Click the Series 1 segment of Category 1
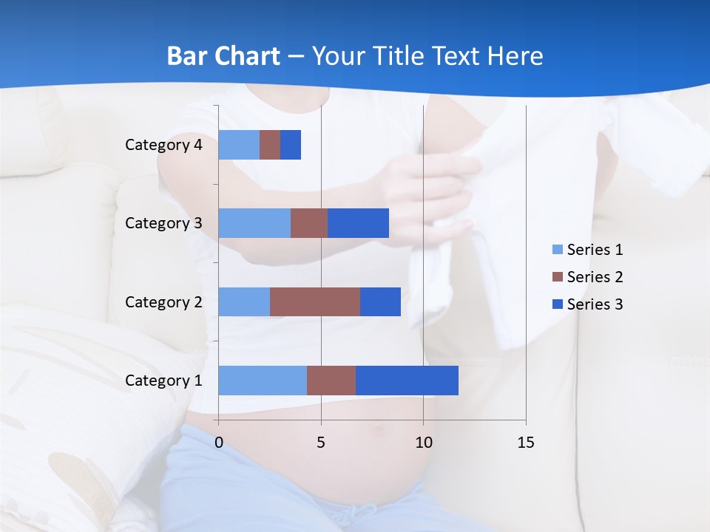[x=263, y=380]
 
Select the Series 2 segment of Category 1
[x=331, y=380]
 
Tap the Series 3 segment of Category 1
[x=407, y=380]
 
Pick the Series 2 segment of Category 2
[x=315, y=301]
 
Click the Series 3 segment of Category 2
[x=380, y=301]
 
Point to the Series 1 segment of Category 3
[x=254, y=223]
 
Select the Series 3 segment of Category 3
[x=358, y=223]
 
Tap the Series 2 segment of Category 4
[x=270, y=145]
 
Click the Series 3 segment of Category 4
[x=291, y=145]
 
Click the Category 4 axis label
[x=163, y=145]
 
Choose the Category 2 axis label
[x=163, y=301]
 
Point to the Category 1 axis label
[x=163, y=381]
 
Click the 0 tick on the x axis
[x=219, y=443]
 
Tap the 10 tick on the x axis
[x=423, y=443]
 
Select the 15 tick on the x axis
[x=526, y=443]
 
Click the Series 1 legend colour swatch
[x=557, y=250]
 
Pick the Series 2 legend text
[x=595, y=277]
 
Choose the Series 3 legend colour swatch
[x=557, y=304]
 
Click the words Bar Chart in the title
[x=223, y=56]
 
